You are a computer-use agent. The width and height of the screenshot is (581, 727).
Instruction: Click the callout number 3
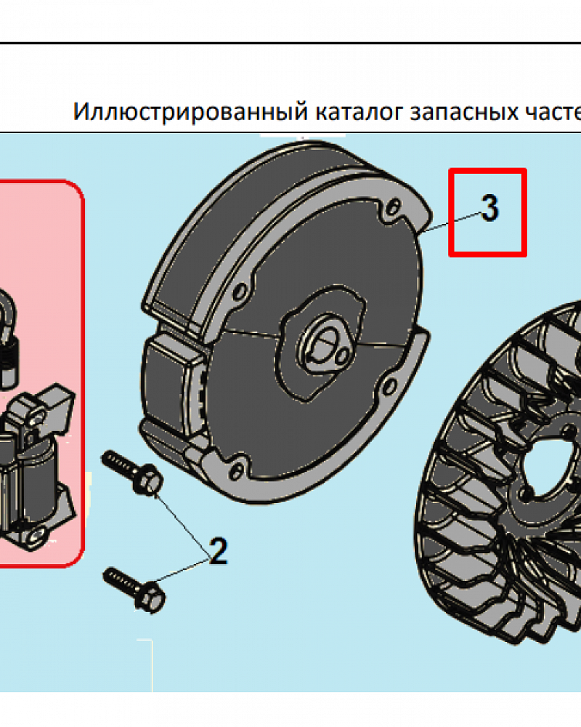490,208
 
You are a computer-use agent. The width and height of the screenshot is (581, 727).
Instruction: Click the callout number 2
219,551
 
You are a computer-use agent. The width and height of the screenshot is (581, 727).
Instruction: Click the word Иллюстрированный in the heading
190,112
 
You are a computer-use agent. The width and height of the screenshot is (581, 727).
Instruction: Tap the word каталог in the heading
359,112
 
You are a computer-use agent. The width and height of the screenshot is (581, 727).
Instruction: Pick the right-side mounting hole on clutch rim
389,385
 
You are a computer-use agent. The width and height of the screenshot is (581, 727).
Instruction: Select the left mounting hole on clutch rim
240,292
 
